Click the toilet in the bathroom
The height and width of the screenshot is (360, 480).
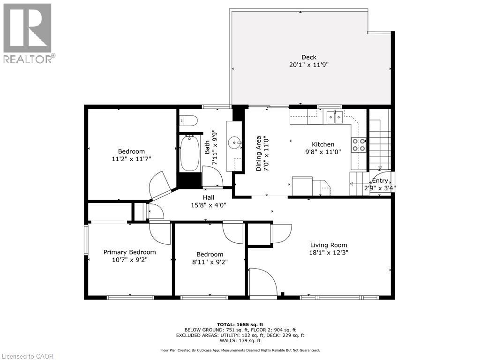(187, 120)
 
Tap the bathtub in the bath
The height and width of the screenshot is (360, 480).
(190, 153)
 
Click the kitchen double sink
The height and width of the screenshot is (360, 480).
(335, 117)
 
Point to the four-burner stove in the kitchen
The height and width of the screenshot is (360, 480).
(359, 145)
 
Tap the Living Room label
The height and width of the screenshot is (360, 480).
(329, 245)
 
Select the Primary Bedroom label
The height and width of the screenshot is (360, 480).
(129, 252)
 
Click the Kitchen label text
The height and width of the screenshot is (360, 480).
(323, 144)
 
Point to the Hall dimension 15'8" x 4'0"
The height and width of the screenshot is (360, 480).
(209, 205)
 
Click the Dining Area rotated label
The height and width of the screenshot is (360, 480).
(258, 153)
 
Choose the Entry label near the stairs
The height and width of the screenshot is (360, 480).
(380, 181)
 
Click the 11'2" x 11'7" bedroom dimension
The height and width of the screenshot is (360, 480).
(131, 159)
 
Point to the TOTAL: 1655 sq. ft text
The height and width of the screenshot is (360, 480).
(240, 324)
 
